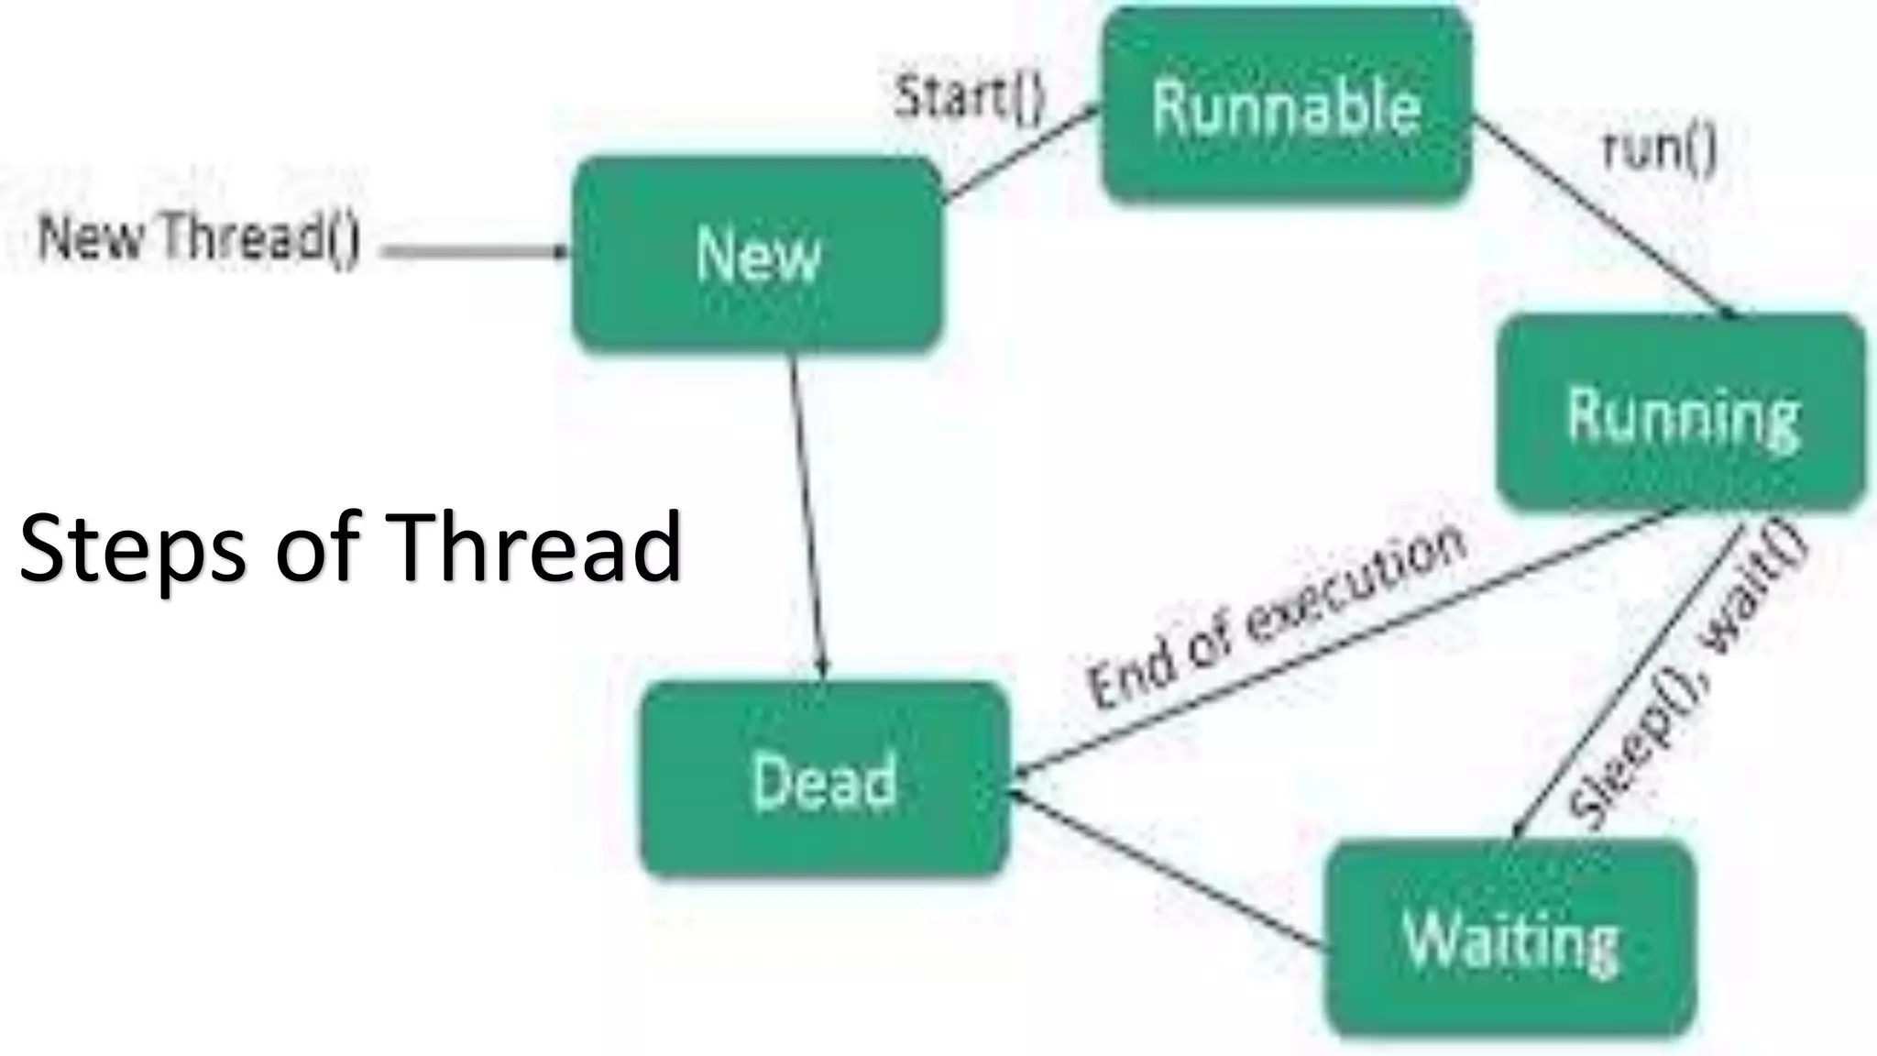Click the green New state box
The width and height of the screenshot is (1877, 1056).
pyautogui.click(x=757, y=254)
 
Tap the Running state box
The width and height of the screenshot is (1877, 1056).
pyautogui.click(x=1681, y=413)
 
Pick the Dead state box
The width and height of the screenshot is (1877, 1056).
pyautogui.click(x=824, y=780)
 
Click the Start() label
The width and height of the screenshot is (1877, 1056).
pyautogui.click(x=970, y=96)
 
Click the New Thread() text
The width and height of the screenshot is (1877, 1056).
pyautogui.click(x=199, y=237)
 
